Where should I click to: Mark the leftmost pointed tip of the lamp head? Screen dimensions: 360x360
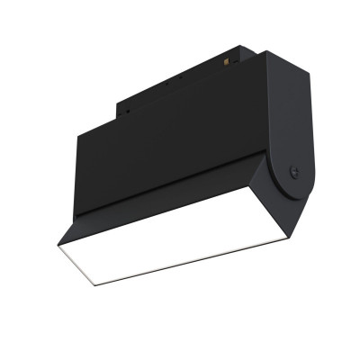pyautogui.click(x=58, y=244)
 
